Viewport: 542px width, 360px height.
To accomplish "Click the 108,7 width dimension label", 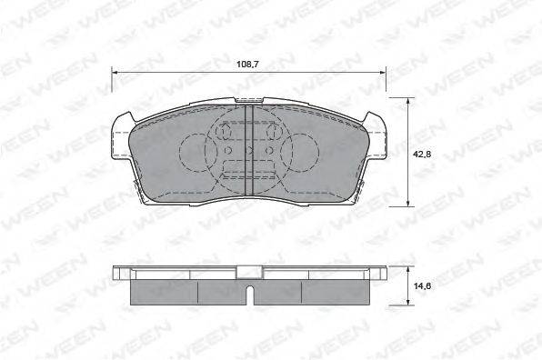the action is point(248,65).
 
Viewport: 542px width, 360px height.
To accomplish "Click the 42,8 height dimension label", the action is point(422,155).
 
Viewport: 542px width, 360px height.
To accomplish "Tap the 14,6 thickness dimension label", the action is point(422,286).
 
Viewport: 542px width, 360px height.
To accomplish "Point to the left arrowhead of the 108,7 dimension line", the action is point(115,73).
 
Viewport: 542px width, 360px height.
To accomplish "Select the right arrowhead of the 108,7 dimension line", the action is point(383,73).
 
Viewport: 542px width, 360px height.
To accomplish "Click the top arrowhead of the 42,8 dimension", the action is point(408,101).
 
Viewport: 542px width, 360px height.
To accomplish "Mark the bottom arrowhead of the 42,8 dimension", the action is point(408,204).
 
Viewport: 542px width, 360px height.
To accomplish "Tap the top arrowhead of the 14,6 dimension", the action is point(408,269).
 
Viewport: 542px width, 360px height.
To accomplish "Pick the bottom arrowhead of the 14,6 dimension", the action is point(408,302).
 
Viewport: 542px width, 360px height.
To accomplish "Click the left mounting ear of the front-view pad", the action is point(121,138).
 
